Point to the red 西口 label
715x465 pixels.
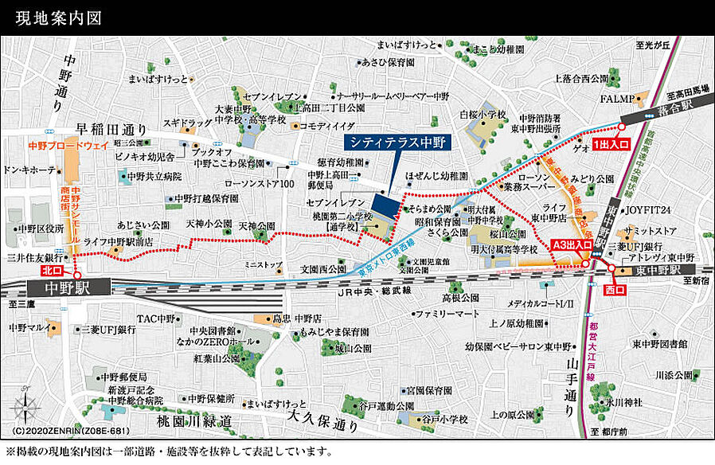[x=616, y=291]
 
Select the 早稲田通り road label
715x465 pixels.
[x=111, y=130]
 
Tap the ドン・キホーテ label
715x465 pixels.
[x=30, y=170]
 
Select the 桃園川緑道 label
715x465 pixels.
[x=196, y=420]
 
